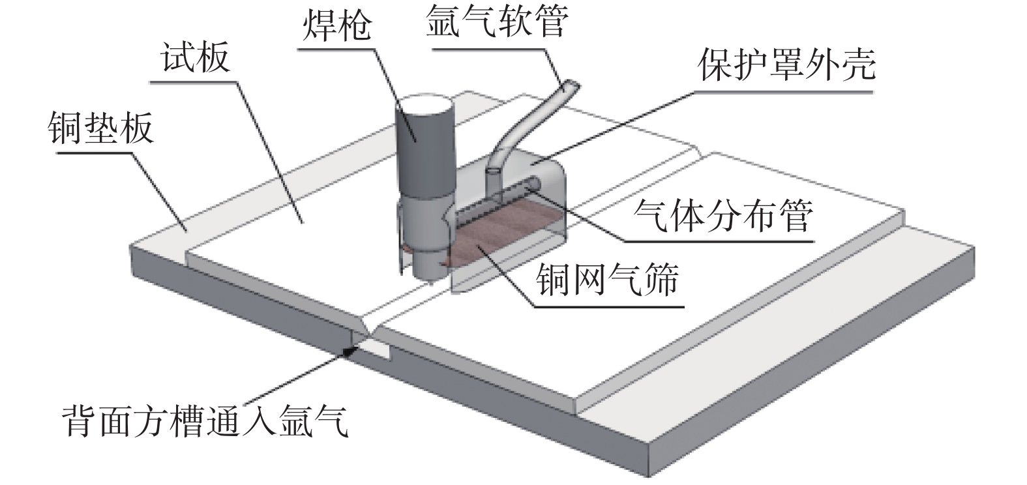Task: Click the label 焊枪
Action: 336,25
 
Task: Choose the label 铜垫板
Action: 101,127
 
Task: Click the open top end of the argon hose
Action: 571,85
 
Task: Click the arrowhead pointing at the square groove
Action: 353,351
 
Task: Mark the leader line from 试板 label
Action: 271,153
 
